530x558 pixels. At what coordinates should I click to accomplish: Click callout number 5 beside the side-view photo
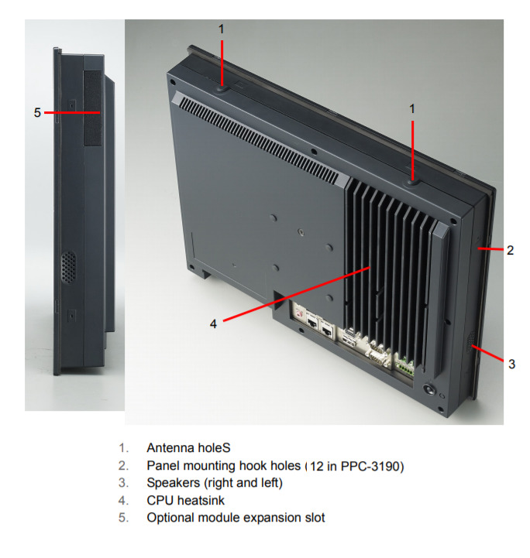37,113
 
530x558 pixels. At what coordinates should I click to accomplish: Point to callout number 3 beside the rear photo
511,364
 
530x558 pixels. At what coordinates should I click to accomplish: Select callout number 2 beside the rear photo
510,250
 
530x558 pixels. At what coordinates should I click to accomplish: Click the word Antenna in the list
168,447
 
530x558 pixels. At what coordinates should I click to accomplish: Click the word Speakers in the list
172,483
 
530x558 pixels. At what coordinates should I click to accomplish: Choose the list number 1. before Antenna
123,447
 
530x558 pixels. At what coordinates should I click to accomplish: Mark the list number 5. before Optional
123,518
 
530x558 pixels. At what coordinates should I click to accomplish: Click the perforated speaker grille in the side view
69,266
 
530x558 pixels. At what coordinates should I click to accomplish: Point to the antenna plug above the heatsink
412,183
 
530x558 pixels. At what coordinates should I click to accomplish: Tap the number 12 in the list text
317,465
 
